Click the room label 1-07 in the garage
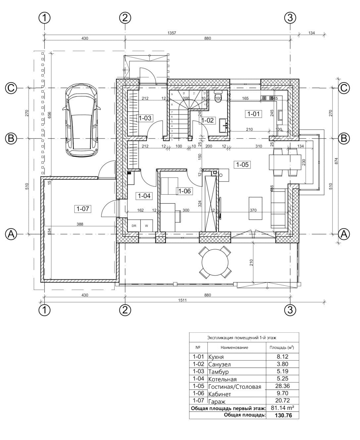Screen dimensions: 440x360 83,209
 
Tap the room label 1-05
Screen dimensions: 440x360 242,165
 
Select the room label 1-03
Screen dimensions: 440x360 145,118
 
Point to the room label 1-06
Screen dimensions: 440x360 184,191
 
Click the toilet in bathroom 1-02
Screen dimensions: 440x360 218,95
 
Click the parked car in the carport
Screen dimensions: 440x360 81,120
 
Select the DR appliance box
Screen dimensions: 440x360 134,226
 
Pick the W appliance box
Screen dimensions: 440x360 146,226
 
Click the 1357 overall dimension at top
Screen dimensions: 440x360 172,33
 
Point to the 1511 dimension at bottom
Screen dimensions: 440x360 182,300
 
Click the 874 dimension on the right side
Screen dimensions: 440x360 336,161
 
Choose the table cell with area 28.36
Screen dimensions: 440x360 282,386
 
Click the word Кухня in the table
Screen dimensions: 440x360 216,357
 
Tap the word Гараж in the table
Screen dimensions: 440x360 217,402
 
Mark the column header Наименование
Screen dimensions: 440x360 234,347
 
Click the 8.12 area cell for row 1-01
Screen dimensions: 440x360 282,357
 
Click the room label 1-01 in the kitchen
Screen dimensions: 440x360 253,114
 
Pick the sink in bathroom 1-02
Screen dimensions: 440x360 223,125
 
